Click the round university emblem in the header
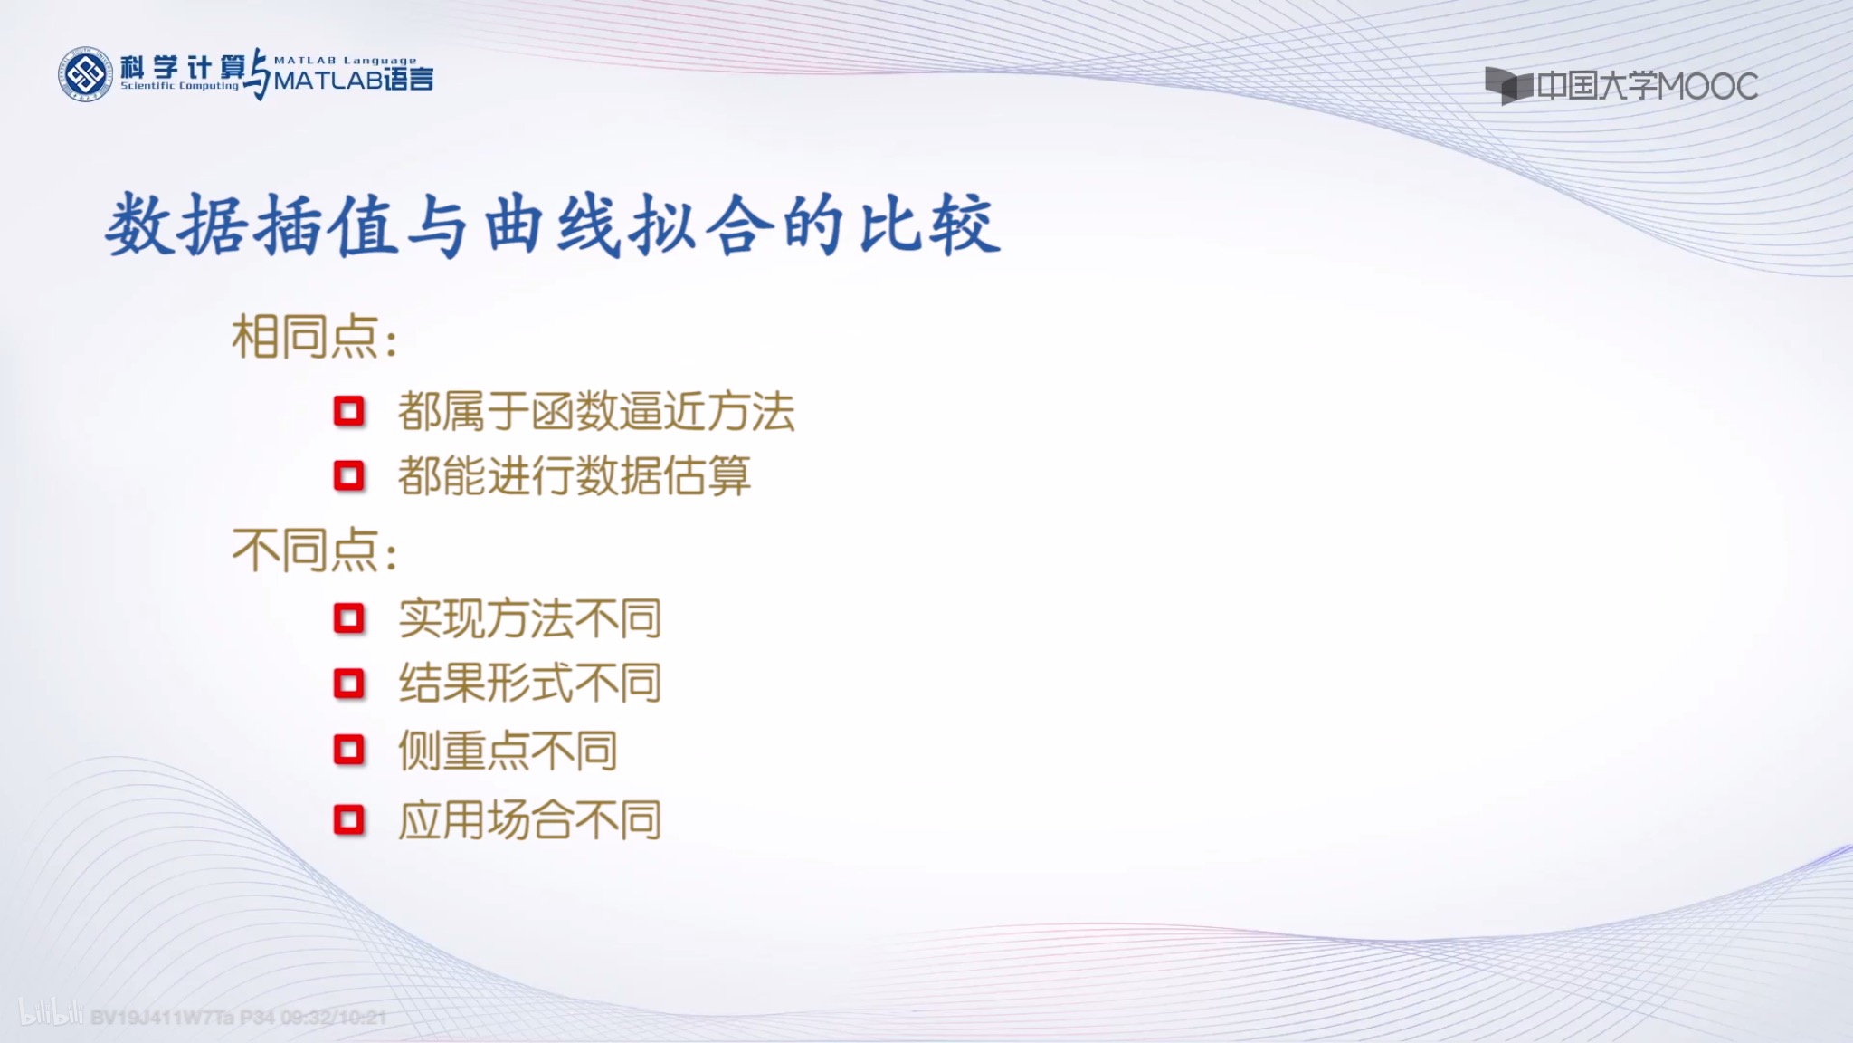pos(85,73)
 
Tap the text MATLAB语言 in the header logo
pos(354,80)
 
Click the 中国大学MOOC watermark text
pos(1647,87)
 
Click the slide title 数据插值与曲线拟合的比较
pos(553,225)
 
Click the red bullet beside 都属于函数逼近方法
pos(348,412)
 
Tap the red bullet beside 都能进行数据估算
pos(348,475)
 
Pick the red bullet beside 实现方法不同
pos(348,619)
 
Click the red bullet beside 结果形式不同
pos(348,684)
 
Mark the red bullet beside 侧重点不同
pos(348,751)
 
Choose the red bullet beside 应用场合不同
pos(348,820)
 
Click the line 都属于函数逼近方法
pos(595,412)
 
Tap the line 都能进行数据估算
pos(574,475)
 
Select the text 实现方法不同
pos(529,619)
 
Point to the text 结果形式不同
pos(529,684)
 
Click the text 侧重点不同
pos(508,751)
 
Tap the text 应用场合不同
pos(529,820)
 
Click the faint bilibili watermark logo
pos(52,1014)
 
